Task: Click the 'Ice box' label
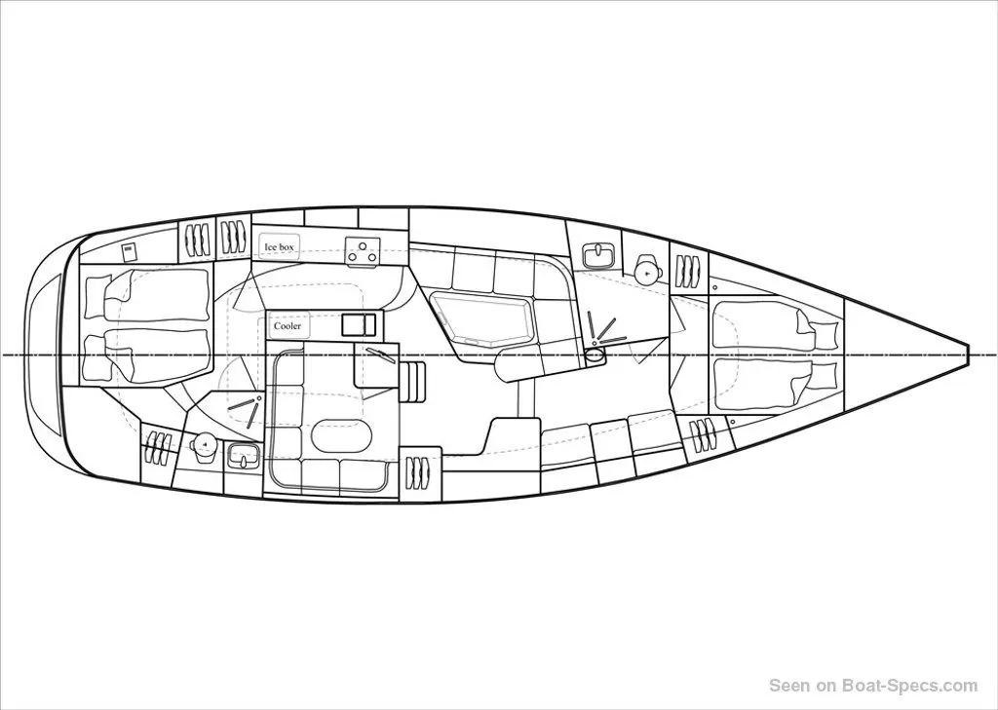coord(279,246)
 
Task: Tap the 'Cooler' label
coord(288,326)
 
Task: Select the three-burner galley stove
coord(363,251)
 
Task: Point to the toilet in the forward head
coord(648,270)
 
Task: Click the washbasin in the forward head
coord(599,254)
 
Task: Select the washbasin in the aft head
coord(243,456)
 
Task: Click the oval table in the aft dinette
coord(342,436)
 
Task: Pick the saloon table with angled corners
coord(480,317)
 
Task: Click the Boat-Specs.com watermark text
coord(873,686)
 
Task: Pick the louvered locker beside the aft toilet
coord(156,448)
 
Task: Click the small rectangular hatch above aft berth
coord(130,252)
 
